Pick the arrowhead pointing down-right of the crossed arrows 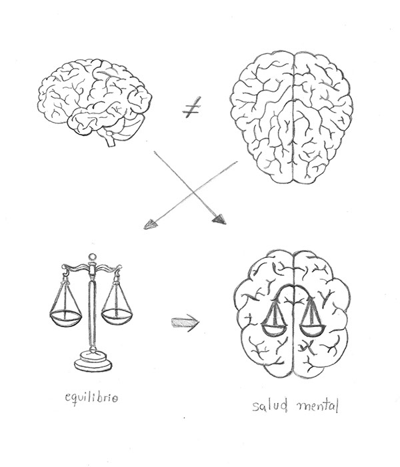(217, 219)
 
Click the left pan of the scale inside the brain (273, 327)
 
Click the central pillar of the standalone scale (91, 313)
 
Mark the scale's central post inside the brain (293, 316)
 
